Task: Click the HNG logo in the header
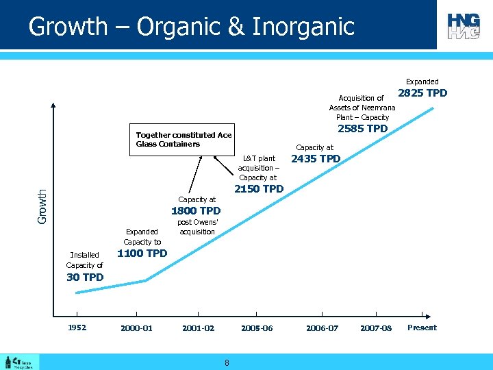click(464, 26)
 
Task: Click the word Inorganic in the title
click(303, 27)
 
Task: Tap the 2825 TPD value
click(422, 93)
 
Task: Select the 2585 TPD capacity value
click(363, 129)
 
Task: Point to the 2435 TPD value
click(316, 159)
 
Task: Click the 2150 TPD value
click(259, 189)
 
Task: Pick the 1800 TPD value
click(196, 211)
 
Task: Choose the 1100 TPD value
click(142, 254)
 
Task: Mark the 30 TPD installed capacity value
click(85, 277)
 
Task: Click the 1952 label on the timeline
click(77, 328)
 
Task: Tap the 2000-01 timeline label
click(136, 328)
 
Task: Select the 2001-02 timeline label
click(198, 328)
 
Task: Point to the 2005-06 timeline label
click(257, 328)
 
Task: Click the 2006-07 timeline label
click(322, 328)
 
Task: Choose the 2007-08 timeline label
click(376, 328)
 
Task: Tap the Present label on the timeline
click(422, 328)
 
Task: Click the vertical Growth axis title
click(42, 206)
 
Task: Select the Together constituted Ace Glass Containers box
click(184, 140)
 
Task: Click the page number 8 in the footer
click(227, 362)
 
